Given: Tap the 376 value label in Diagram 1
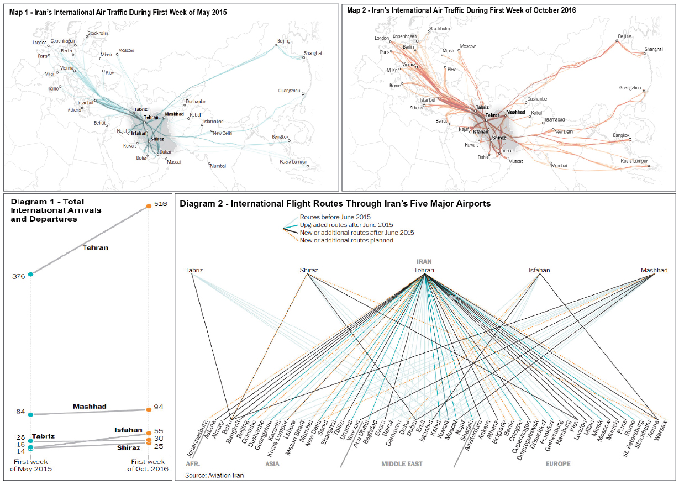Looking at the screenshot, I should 19,276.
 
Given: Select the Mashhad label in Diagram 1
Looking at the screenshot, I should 90,407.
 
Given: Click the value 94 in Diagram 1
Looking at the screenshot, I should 159,407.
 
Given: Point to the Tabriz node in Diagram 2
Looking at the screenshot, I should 194,270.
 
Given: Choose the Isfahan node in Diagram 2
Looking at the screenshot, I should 539,270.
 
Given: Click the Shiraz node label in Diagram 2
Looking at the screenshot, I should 308,270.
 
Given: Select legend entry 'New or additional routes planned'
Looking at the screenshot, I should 346,240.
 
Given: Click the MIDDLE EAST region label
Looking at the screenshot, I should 402,464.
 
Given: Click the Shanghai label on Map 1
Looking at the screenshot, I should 312,54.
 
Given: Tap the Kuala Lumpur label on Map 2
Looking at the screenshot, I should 633,161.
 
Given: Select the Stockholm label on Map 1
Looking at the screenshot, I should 98,34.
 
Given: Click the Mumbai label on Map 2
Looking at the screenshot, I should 559,165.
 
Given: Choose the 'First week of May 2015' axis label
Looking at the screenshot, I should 32,465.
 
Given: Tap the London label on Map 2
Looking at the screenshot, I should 382,38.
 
